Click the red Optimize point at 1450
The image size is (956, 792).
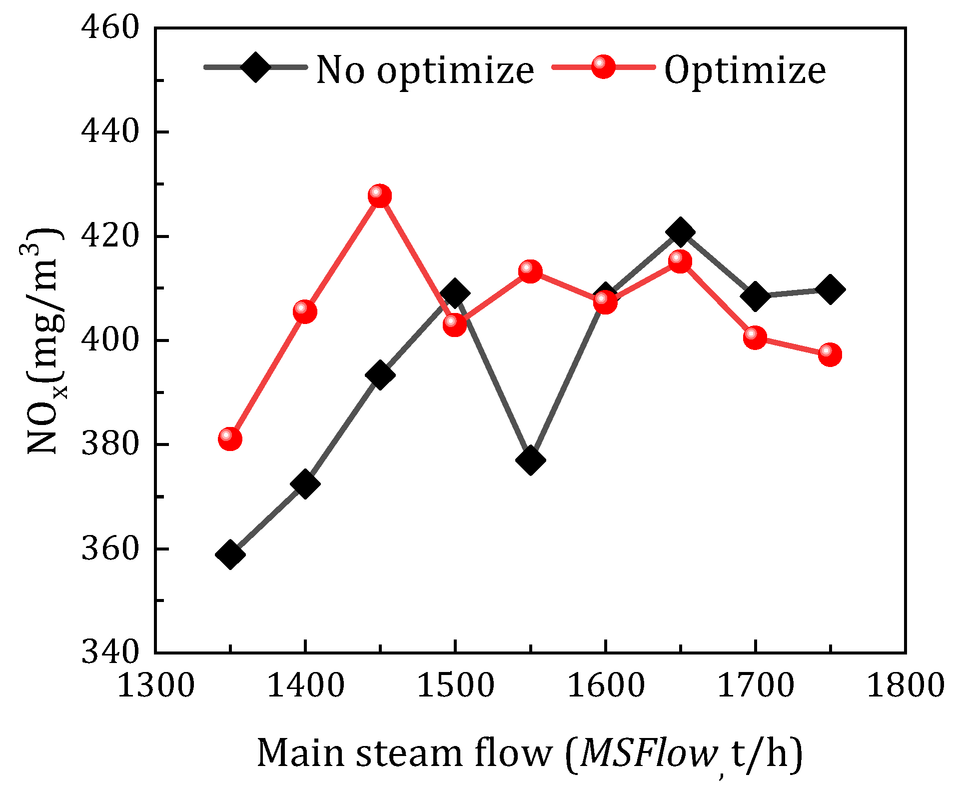380,196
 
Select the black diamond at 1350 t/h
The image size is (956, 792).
230,554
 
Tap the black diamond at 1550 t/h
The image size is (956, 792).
530,460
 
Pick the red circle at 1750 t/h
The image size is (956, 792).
830,354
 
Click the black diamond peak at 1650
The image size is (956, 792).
680,232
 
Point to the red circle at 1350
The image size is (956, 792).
230,439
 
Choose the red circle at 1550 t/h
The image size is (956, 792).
530,271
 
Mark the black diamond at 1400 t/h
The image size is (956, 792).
305,483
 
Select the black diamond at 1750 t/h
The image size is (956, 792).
830,289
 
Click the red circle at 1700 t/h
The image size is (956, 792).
755,338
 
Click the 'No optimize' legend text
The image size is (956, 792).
425,70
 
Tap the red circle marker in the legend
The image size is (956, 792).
603,67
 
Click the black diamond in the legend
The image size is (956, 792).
255,67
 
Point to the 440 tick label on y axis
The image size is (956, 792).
109,132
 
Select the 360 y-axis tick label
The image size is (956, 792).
109,549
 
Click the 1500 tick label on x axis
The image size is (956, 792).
455,685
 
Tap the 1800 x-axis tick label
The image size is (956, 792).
905,685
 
